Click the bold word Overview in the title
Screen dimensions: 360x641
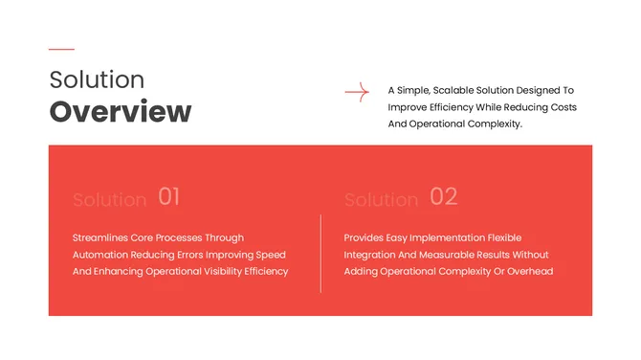click(x=121, y=112)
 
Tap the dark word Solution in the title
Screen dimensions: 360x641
click(x=97, y=79)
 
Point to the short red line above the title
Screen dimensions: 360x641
click(x=61, y=49)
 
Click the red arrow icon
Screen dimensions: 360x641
click(x=357, y=92)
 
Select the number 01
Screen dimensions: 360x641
click(x=169, y=197)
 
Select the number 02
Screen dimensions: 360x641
click(x=444, y=197)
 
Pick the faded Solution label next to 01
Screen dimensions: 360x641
click(x=109, y=200)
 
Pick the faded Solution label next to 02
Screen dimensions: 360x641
click(x=381, y=200)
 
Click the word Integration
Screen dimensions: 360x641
click(x=372, y=255)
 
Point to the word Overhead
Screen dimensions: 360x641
click(x=530, y=272)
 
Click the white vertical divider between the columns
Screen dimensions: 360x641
click(x=320, y=254)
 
